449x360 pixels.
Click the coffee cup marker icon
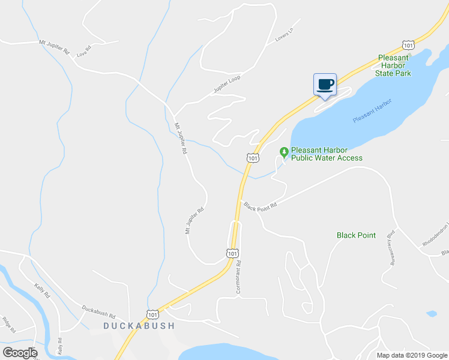[x=325, y=84]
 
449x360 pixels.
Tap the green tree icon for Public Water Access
[x=285, y=151]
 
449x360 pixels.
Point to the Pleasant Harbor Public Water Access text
[x=327, y=154]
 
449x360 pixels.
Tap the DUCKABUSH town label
[x=139, y=326]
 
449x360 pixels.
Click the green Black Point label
[x=356, y=235]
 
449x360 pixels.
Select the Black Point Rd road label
[x=261, y=205]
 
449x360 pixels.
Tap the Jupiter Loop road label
[x=226, y=85]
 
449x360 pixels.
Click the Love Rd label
[x=83, y=50]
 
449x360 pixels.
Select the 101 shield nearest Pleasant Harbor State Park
[x=409, y=45]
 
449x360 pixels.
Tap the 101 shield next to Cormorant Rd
[x=233, y=254]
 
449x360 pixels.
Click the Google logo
[x=20, y=352]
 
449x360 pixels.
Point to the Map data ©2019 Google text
[x=411, y=355]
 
